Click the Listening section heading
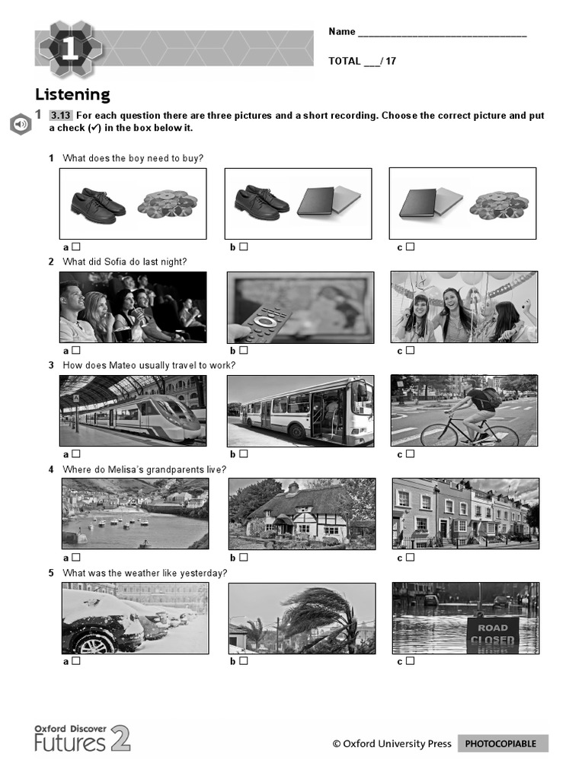(x=72, y=94)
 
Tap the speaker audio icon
(x=21, y=124)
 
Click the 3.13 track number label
(x=60, y=116)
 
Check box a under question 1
(x=76, y=246)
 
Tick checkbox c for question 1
(x=410, y=246)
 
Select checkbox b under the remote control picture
(x=243, y=350)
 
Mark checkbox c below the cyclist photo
(x=410, y=454)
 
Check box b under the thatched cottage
(x=243, y=557)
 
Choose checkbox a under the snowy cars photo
(x=76, y=661)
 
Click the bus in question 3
(x=308, y=412)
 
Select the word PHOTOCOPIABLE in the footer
(x=502, y=744)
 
